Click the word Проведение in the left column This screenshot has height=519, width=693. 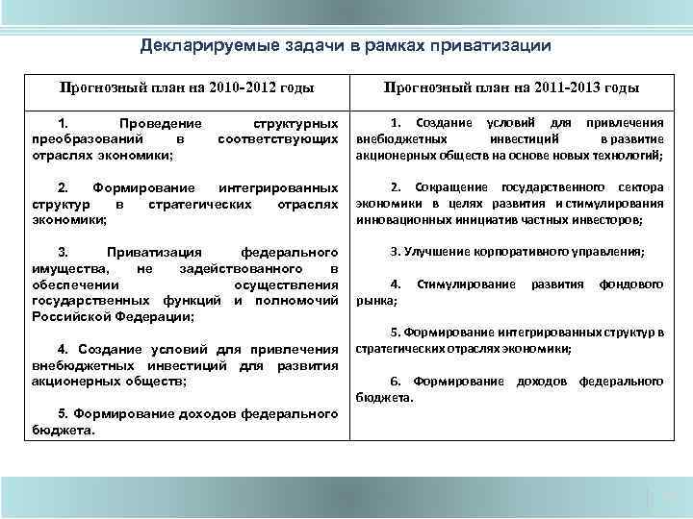coord(159,124)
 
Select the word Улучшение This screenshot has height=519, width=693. coord(435,251)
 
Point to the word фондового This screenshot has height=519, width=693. coord(631,284)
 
